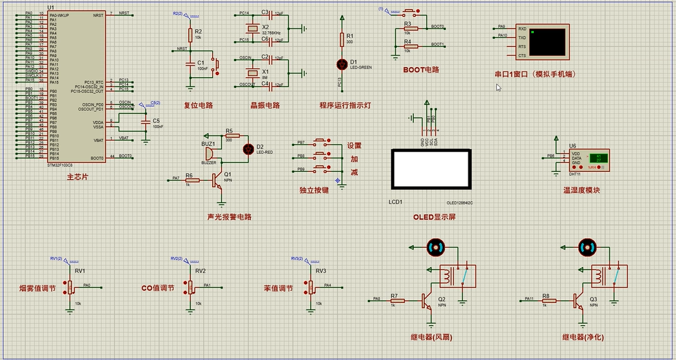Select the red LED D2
(x=247, y=149)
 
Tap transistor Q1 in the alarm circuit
(x=219, y=179)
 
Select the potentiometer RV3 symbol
(x=309, y=286)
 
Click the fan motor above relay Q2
(x=435, y=246)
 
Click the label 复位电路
(x=198, y=106)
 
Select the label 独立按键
(x=314, y=190)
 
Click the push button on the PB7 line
(x=320, y=142)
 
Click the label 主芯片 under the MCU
(x=77, y=177)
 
